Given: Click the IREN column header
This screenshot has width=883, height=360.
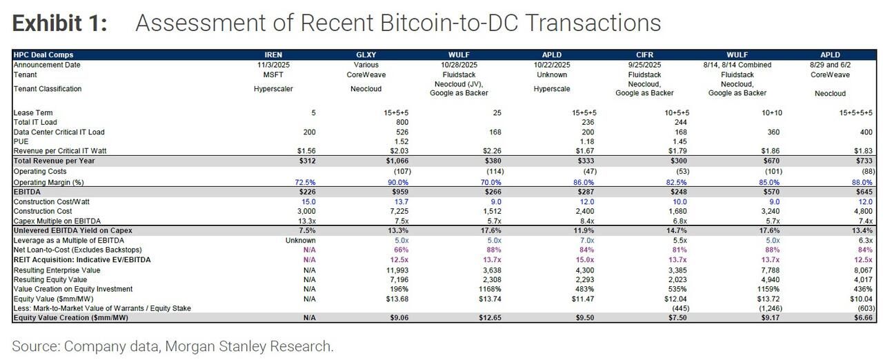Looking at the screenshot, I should [273, 54].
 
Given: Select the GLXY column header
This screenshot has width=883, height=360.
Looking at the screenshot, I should [366, 54].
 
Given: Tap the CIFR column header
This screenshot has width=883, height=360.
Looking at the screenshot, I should [644, 54].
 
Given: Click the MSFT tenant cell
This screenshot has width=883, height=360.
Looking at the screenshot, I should [273, 74].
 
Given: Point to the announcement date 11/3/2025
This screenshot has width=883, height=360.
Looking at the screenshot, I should [273, 65].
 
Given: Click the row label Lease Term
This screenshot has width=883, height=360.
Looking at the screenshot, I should [33, 112].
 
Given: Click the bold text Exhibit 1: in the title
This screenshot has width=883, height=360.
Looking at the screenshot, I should [60, 23].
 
